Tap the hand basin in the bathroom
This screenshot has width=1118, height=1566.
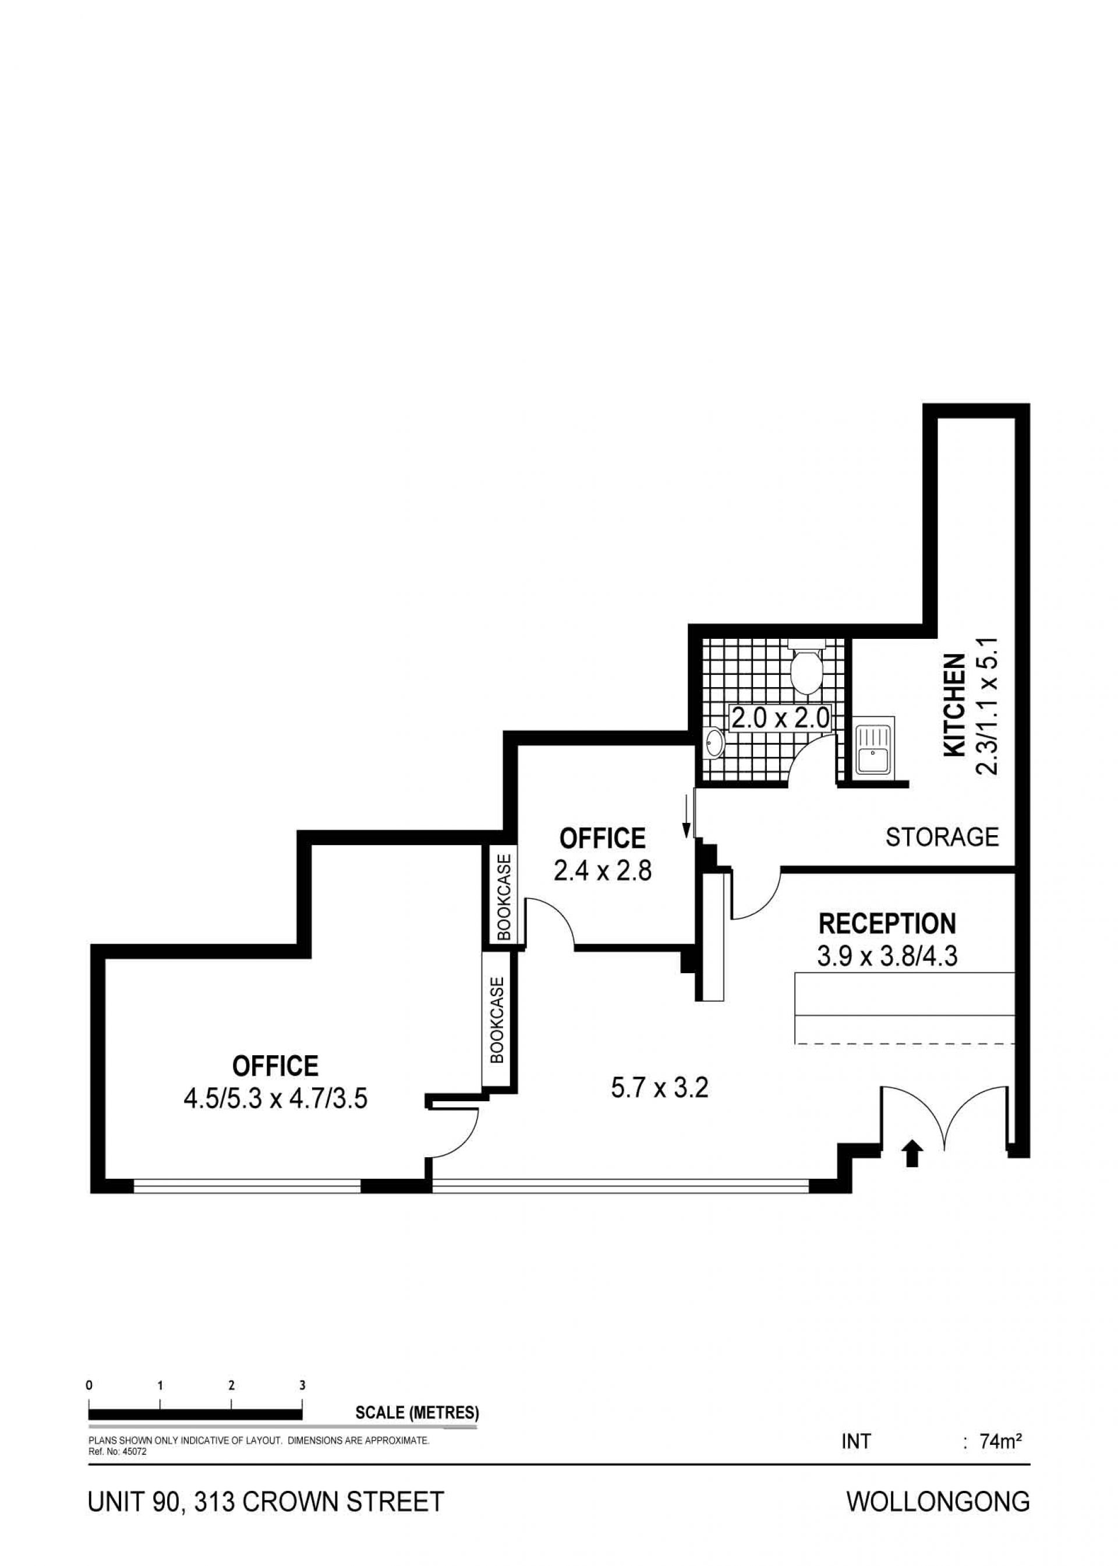pyautogui.click(x=714, y=743)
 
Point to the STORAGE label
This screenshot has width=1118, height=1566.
pyautogui.click(x=942, y=837)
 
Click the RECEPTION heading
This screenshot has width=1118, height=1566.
pyautogui.click(x=887, y=922)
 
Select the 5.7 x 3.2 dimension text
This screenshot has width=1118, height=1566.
pyautogui.click(x=659, y=1088)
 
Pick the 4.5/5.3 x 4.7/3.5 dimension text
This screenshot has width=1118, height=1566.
pyautogui.click(x=275, y=1098)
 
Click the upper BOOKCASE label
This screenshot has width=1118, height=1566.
pyautogui.click(x=505, y=897)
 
